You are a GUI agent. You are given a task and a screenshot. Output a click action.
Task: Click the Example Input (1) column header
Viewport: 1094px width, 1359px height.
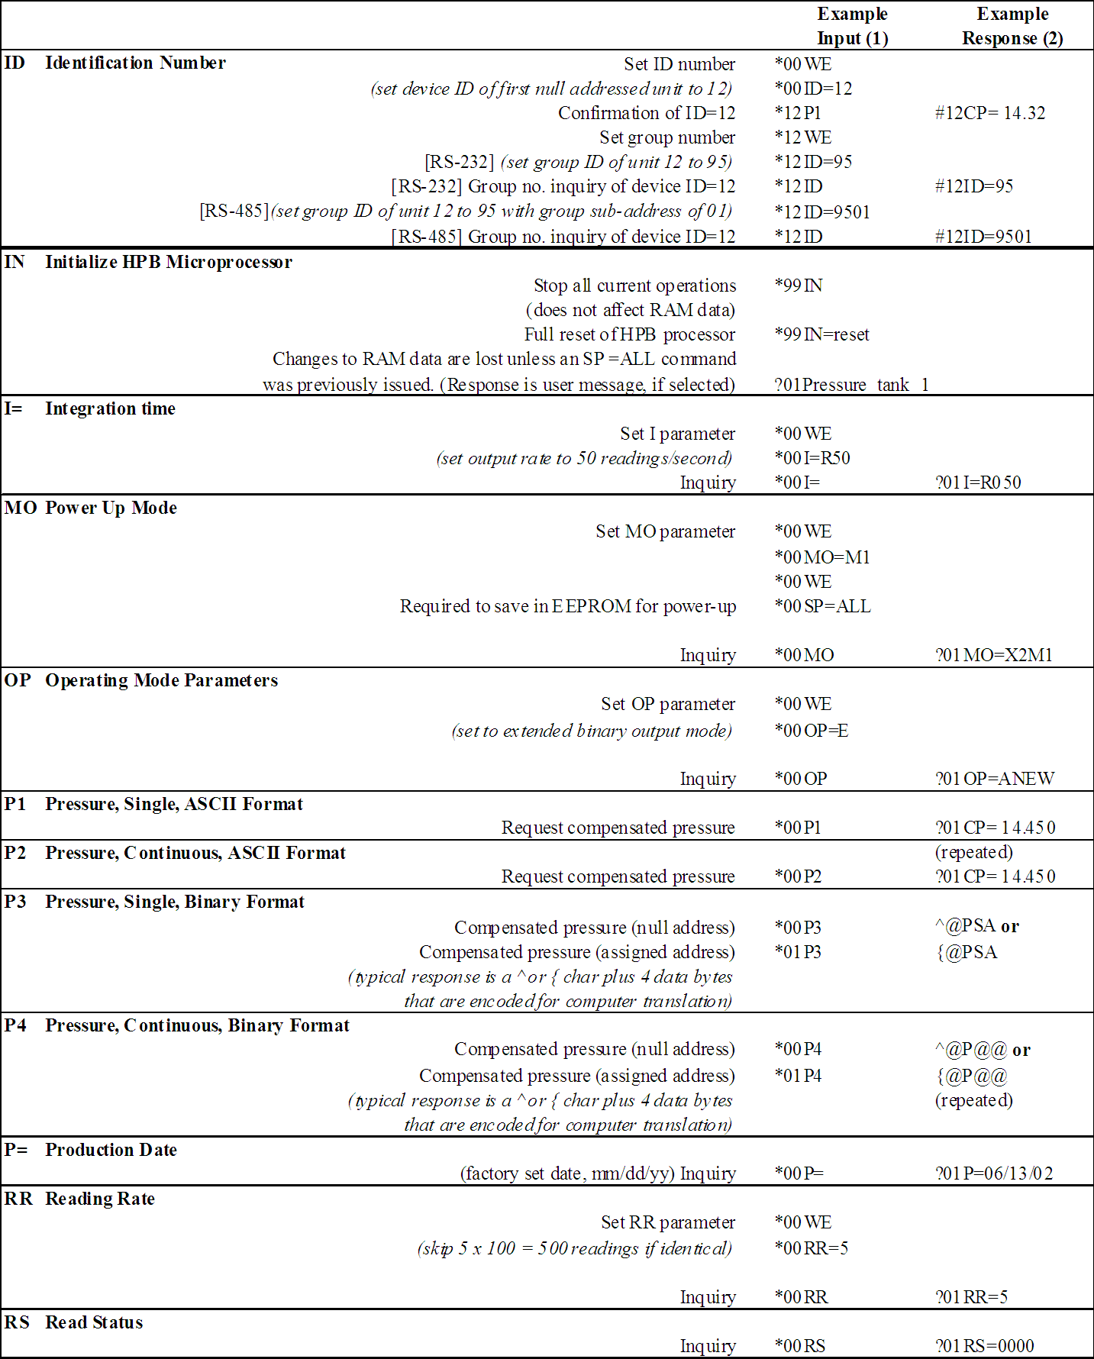(852, 26)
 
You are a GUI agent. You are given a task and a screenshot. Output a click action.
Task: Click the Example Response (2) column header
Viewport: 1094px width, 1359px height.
(1012, 26)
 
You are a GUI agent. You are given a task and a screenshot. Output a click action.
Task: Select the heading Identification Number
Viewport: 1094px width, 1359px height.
(135, 63)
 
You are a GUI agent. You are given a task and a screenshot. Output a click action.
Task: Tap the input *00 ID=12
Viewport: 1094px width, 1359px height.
(813, 89)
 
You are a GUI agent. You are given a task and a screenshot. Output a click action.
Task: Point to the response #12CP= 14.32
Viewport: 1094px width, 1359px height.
(990, 113)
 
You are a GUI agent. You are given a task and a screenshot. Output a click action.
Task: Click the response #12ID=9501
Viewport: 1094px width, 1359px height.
(983, 237)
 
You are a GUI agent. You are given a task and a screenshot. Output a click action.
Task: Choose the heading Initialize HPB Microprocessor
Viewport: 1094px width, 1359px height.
(168, 262)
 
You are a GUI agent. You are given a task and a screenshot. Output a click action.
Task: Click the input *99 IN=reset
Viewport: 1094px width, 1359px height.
(821, 334)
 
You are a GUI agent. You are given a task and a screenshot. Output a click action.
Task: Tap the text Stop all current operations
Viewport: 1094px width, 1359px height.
(634, 286)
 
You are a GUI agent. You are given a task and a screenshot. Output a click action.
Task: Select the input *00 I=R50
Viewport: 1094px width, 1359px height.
(812, 458)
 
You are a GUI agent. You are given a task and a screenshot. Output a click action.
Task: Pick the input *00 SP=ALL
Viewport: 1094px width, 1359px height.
(822, 606)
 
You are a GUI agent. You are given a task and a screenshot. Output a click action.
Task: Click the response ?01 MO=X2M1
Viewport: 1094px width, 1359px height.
(993, 655)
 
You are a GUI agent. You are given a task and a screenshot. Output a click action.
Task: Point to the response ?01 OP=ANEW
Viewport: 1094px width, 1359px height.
(995, 779)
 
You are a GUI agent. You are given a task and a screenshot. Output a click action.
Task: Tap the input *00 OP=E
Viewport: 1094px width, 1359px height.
(811, 731)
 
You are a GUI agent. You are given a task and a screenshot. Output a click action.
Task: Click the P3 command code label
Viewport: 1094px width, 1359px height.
(15, 902)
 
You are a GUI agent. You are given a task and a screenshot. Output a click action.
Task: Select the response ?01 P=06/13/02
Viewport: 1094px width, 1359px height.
(994, 1173)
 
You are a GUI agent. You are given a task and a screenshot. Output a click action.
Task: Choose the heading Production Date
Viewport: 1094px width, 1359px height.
(111, 1150)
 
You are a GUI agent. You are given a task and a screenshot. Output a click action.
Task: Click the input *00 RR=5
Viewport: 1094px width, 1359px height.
(811, 1248)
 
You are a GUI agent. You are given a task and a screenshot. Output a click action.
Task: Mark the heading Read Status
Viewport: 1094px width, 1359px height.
(94, 1322)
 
